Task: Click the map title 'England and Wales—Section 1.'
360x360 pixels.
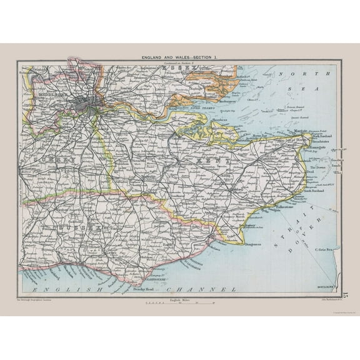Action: (x=180, y=57)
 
